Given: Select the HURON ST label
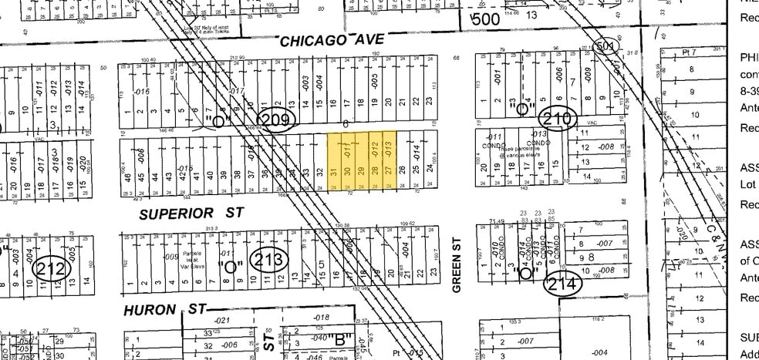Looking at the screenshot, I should pos(163,309).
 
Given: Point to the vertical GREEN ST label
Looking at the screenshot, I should pos(457,274).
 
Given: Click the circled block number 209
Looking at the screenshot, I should pos(275,119).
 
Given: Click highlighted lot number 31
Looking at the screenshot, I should pos(334,170).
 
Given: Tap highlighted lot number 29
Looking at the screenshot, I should pos(361,170).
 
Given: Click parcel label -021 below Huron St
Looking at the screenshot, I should pos(222,320).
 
